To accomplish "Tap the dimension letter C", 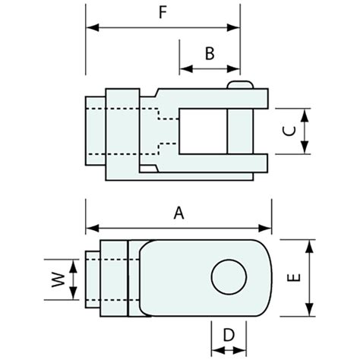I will coord(288,131).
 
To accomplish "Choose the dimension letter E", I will coord(295,277).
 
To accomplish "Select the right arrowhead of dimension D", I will coord(243,349).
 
